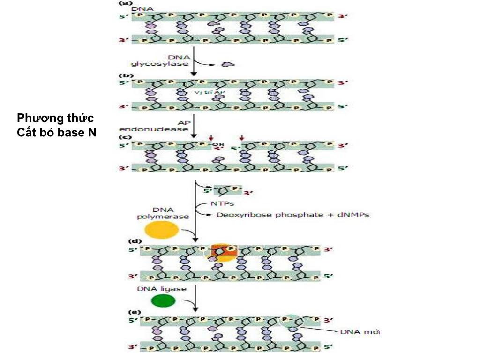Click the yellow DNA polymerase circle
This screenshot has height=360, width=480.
click(x=162, y=230)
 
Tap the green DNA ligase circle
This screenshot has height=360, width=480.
click(x=163, y=300)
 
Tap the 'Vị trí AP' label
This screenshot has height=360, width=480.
click(x=207, y=92)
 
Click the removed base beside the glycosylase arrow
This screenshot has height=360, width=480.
click(x=228, y=64)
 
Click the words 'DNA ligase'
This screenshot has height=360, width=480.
click(x=162, y=289)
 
